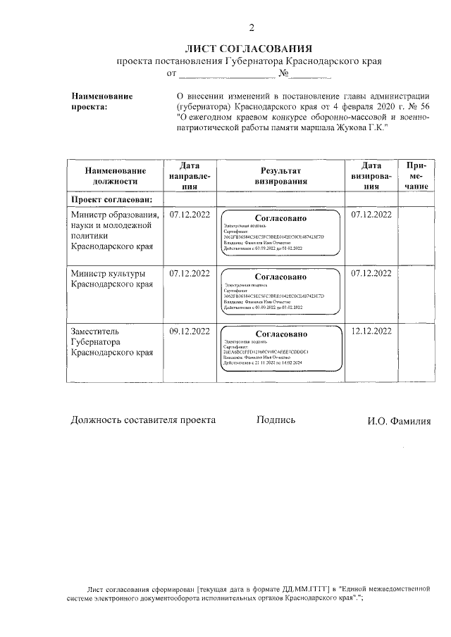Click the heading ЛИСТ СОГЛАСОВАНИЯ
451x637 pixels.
click(x=248, y=49)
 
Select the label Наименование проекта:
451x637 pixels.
click(x=102, y=101)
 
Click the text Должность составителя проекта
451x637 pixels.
click(x=143, y=420)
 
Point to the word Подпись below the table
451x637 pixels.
click(x=276, y=420)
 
